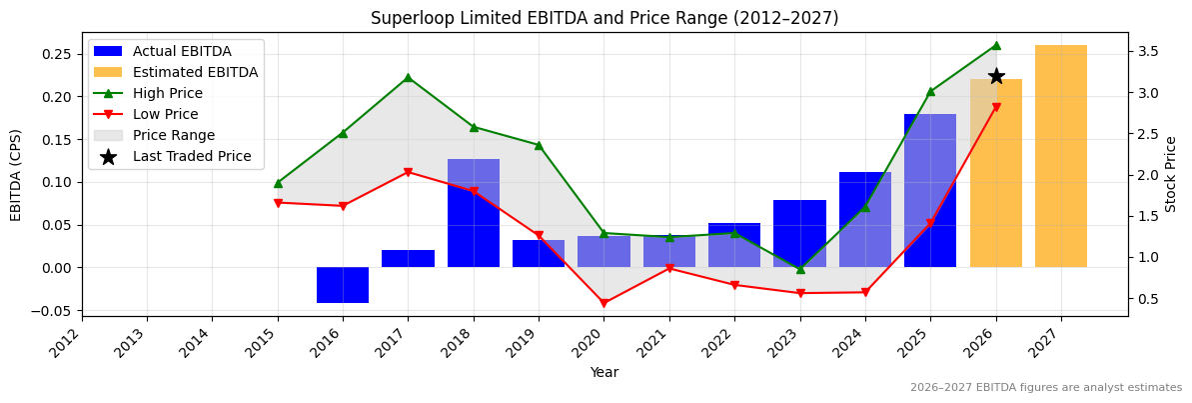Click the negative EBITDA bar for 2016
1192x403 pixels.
point(343,285)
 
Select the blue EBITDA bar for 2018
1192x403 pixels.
point(474,212)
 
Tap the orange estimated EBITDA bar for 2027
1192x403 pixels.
point(1061,156)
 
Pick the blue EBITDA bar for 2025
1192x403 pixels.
point(930,190)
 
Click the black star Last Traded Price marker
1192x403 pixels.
point(996,76)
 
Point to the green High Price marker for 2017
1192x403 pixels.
point(408,78)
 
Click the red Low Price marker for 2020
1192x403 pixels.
point(603,303)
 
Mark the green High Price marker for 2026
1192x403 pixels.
point(996,45)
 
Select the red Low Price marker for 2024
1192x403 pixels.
point(865,292)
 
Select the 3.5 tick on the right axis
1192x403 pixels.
point(1145,51)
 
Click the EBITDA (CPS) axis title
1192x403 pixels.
point(16,174)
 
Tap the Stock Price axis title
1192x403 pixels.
point(1171,174)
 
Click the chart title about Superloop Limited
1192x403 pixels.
point(604,18)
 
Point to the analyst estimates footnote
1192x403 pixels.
point(1045,387)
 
